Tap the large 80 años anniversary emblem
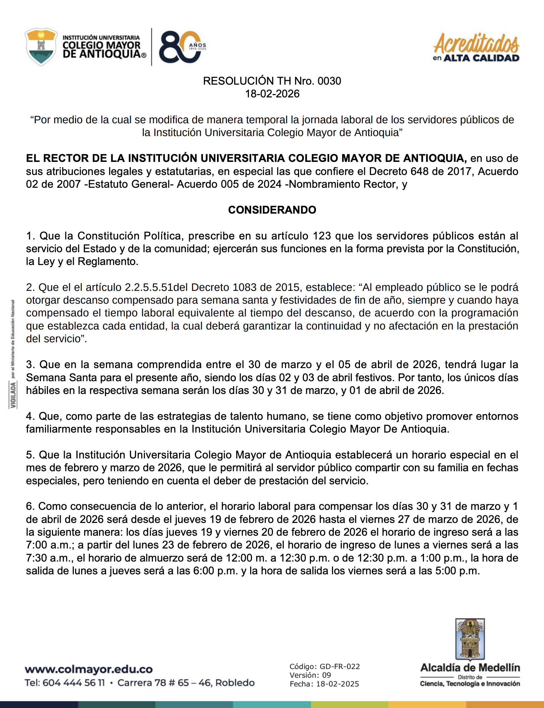point(181,47)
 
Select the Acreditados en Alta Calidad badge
point(476,48)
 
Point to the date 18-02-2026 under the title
point(272,94)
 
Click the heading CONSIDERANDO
point(272,210)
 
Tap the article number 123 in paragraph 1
point(322,236)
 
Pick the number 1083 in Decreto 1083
point(244,287)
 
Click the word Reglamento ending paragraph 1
point(108,262)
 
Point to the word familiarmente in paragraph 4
point(59,429)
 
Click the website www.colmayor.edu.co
point(89,669)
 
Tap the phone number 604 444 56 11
point(74,683)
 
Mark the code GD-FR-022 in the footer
point(340,667)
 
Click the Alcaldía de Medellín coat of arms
point(470,639)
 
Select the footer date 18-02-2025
point(337,684)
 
